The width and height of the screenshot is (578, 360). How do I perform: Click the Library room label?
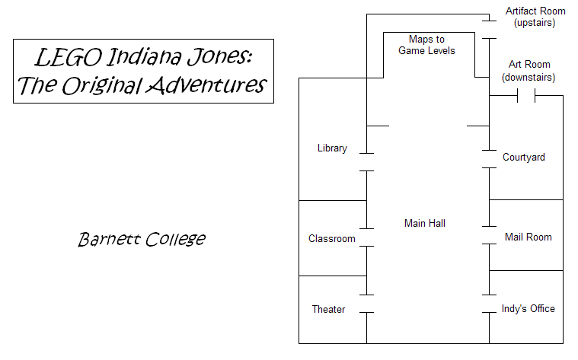click(332, 148)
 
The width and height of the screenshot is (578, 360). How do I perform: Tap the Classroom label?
click(332, 238)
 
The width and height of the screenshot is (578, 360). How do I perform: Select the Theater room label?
click(328, 309)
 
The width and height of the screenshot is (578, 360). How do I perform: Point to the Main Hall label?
click(425, 223)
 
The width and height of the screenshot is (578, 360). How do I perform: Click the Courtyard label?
click(524, 158)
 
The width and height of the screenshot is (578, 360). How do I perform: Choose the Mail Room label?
click(529, 237)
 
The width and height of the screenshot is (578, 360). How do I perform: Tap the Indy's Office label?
click(529, 308)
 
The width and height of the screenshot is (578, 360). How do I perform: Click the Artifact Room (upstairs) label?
click(535, 17)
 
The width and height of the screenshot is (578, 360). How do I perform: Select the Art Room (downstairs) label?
click(529, 71)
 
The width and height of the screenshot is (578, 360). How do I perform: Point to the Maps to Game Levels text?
click(426, 45)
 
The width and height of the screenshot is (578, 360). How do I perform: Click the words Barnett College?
click(142, 239)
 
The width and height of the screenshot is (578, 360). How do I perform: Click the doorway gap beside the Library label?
click(367, 162)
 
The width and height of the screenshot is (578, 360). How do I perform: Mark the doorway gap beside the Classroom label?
click(367, 237)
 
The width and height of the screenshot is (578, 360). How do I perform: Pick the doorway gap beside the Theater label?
click(367, 304)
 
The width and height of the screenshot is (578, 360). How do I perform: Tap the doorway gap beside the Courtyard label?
click(488, 158)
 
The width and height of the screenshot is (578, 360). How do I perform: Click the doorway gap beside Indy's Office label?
click(488, 304)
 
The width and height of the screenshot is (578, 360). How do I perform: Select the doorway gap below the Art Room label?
click(526, 96)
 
